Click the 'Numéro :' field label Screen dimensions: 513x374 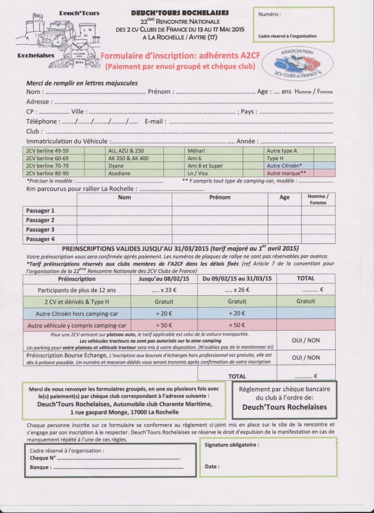270,14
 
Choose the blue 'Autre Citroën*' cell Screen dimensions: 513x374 285,165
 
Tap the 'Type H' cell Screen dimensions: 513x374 275,158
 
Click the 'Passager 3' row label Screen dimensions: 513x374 41,230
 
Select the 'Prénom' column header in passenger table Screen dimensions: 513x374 220,197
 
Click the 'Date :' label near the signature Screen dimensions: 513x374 211,467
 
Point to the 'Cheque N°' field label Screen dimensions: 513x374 43,458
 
